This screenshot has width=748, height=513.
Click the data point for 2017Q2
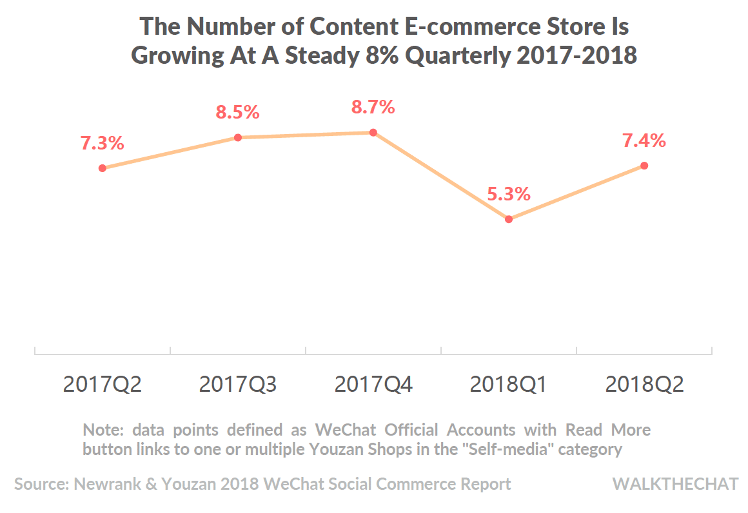click(102, 168)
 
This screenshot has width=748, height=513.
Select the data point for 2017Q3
click(237, 137)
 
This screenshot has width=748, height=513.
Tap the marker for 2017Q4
click(373, 132)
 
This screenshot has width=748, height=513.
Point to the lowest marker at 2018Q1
click(508, 219)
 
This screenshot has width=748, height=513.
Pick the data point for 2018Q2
click(644, 166)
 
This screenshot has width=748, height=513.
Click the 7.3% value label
click(102, 143)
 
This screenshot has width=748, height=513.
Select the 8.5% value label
click(237, 112)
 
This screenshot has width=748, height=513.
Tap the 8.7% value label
click(373, 107)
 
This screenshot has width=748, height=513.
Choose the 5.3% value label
click(508, 193)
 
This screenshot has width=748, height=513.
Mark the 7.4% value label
click(644, 140)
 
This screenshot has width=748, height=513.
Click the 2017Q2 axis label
click(102, 385)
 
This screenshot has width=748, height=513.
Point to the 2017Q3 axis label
click(237, 385)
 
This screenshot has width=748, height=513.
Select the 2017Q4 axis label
click(373, 385)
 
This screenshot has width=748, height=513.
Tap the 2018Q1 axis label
click(508, 385)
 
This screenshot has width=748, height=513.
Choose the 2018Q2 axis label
click(644, 385)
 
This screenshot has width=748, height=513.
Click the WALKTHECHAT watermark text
click(675, 484)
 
